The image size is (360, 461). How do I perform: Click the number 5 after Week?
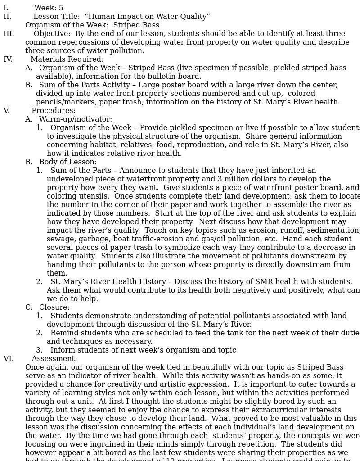coord(61,8)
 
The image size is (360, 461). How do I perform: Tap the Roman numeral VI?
coord(9,359)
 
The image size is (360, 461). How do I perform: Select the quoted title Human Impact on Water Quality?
coord(147,17)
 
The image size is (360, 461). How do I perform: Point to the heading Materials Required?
coord(67,59)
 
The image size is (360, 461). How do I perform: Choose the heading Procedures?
coord(53,111)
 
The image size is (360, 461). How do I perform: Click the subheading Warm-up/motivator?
coord(75,119)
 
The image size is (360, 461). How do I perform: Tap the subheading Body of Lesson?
coord(67,162)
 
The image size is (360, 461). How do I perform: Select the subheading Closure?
coord(54,307)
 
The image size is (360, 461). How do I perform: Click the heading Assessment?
coord(54,359)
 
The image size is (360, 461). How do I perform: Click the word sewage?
coord(59,239)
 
